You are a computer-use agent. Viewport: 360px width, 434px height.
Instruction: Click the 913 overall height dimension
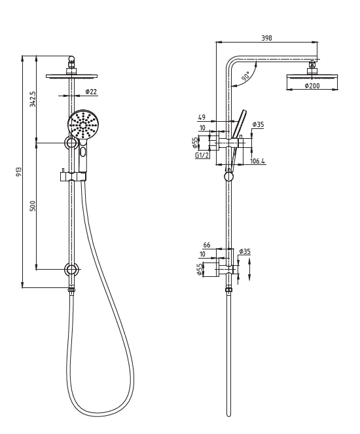20,172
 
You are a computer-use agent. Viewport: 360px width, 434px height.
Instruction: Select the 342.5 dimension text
33,99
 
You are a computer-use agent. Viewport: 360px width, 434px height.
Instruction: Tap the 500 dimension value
33,206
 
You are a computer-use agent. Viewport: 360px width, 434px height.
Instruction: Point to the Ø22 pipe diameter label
91,92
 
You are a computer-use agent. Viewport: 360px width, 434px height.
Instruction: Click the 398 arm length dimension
266,39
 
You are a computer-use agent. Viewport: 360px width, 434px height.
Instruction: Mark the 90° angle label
245,77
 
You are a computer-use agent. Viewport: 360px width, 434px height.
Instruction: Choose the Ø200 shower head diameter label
312,86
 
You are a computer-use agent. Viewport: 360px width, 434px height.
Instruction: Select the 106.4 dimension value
257,161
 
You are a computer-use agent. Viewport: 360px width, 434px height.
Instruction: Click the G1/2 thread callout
202,155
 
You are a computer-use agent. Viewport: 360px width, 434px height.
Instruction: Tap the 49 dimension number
202,118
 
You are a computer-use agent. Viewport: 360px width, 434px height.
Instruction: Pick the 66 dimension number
207,245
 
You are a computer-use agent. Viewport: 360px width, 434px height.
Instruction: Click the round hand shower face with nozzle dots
83,124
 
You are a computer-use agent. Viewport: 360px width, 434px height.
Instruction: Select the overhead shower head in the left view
71,76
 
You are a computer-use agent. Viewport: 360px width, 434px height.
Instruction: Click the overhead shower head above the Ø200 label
312,76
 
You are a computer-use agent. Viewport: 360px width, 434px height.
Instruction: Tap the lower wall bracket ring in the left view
71,269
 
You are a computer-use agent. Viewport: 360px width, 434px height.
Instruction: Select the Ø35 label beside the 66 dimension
245,251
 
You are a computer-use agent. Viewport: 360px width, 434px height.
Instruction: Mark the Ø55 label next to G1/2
194,142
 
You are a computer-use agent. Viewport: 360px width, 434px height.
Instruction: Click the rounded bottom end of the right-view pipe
228,414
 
